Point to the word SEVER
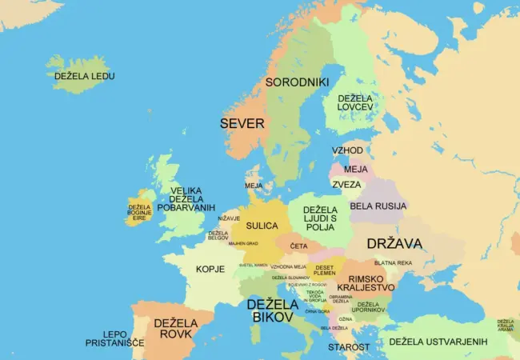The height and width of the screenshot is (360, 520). [x=242, y=123]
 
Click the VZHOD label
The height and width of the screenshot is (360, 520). [x=347, y=150]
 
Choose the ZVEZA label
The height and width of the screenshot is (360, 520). [x=346, y=184]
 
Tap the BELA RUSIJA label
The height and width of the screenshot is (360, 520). [x=378, y=206]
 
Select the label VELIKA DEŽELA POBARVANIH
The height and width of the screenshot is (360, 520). [x=186, y=198]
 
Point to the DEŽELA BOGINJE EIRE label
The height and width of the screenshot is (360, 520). [x=139, y=211]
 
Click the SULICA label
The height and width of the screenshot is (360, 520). [x=262, y=226]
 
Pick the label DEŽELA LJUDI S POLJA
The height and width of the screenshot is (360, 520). [x=320, y=218]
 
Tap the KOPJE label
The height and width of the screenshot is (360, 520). [x=210, y=269]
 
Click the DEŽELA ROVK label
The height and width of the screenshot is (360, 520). [x=175, y=328]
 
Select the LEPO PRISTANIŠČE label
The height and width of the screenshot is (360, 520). [x=114, y=338]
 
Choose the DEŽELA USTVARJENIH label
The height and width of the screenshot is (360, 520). [x=438, y=342]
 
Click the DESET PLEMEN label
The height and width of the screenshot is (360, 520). [x=325, y=270]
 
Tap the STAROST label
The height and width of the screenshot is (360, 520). [x=349, y=347]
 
